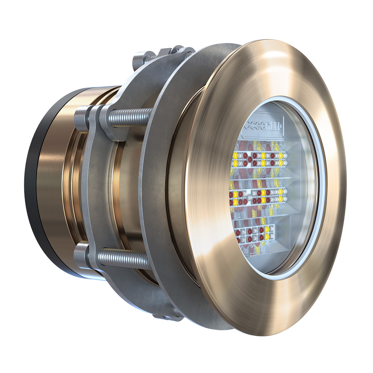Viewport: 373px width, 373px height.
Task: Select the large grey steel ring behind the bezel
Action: click(x=157, y=186)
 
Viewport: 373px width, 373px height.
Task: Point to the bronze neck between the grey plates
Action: click(x=127, y=186)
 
